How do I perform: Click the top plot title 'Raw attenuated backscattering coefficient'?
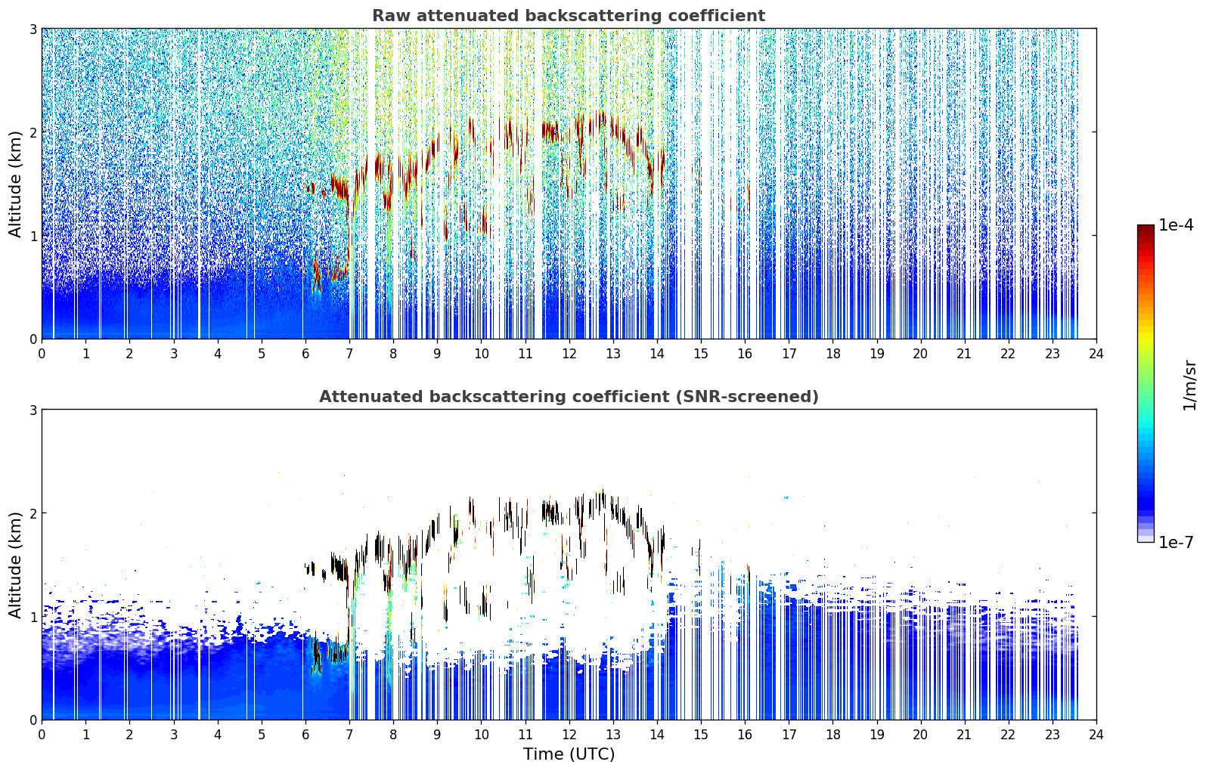pos(569,16)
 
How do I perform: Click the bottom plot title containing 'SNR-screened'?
pos(569,397)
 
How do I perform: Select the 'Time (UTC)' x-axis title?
pos(569,754)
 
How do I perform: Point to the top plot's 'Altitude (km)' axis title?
pos(14,184)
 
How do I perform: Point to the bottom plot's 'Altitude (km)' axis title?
pos(14,565)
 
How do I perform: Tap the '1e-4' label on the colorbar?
pos(1176,225)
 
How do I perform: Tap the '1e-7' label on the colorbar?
pos(1176,543)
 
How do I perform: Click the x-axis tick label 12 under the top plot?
pos(569,354)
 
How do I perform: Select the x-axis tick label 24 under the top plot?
pos(1096,354)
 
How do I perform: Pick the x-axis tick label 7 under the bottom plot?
pos(349,735)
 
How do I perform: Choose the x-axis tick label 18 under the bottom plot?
pos(833,735)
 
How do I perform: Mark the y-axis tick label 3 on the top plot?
pos(33,29)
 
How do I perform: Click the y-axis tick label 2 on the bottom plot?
pos(33,514)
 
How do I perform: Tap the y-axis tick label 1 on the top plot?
pos(33,236)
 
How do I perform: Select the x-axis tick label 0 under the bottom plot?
pos(42,735)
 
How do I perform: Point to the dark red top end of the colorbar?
pos(1146,228)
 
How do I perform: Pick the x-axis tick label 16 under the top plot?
pos(745,354)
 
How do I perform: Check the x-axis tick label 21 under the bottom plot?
pos(964,735)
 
